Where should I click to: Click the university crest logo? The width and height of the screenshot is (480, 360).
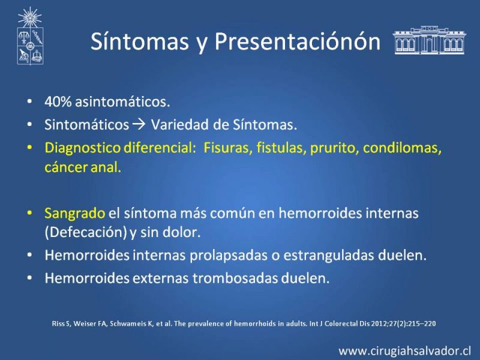(30, 36)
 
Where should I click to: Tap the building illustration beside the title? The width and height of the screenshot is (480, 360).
(429, 40)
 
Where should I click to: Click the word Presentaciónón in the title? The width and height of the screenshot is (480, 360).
(297, 41)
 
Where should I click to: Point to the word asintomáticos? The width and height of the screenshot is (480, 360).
(122, 101)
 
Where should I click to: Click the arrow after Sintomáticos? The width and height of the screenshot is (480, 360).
(139, 124)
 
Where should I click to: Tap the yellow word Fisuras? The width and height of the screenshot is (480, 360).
(228, 148)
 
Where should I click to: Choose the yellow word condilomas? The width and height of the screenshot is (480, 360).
(402, 148)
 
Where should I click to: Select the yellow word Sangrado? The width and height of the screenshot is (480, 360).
(74, 214)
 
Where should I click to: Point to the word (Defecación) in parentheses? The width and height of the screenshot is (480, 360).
(86, 232)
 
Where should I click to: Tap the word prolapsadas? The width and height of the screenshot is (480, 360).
(230, 256)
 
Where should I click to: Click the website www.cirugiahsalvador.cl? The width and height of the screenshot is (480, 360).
(404, 351)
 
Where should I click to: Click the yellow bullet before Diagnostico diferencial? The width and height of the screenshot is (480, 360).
(29, 148)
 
